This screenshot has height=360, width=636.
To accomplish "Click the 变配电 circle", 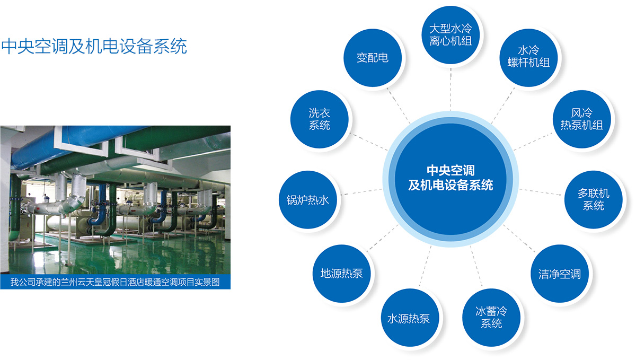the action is tap(373, 58).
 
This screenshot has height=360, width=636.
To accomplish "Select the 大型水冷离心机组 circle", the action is tap(450, 35).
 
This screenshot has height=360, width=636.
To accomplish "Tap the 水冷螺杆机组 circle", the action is tap(528, 58).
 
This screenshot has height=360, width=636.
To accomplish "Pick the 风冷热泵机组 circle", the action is tap(581, 119).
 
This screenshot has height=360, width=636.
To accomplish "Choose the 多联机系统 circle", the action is tap(593, 199).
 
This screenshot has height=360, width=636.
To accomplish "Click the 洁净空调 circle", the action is tap(559, 274).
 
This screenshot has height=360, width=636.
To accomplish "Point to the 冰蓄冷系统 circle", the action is tap(491, 318).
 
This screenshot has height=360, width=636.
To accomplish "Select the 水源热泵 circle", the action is tap(410, 318).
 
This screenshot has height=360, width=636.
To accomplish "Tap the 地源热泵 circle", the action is tap(341, 274).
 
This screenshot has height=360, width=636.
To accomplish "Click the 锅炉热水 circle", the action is tap(308, 199).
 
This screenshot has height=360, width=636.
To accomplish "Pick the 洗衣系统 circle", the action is tap(320, 119).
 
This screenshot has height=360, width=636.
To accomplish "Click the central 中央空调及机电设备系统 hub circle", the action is tap(450, 179).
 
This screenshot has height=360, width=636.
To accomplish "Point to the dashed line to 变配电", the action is tap(398, 106).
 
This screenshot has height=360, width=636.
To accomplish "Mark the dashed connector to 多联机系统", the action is tap(540, 192).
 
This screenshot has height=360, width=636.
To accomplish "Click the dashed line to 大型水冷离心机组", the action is tap(450, 89).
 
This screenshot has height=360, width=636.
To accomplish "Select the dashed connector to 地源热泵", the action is tap(383, 238).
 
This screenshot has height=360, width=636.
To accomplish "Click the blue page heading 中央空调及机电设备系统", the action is tap(94, 46).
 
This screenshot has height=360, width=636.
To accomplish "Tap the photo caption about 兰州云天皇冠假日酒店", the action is tap(115, 282).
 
